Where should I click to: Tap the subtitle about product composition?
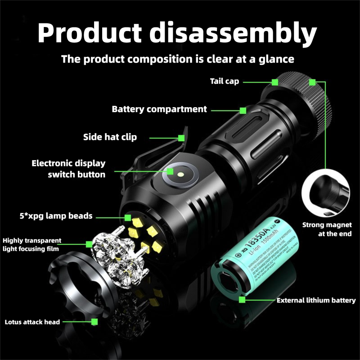click(x=177, y=59)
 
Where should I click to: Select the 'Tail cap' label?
click(x=224, y=81)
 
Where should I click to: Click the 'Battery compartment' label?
click(x=159, y=109)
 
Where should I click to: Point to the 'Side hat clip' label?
click(x=110, y=137)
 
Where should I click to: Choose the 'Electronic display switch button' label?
click(x=68, y=169)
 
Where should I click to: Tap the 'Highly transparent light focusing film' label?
click(x=32, y=244)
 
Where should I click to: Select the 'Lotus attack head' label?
click(x=32, y=322)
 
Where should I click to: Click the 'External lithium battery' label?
click(x=316, y=300)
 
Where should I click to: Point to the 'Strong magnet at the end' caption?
click(x=327, y=229)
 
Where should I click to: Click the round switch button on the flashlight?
click(x=178, y=173)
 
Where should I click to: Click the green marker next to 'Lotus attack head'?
click(x=94, y=321)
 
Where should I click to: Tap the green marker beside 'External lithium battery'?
click(x=242, y=300)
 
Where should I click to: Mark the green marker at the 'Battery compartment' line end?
click(x=243, y=110)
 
